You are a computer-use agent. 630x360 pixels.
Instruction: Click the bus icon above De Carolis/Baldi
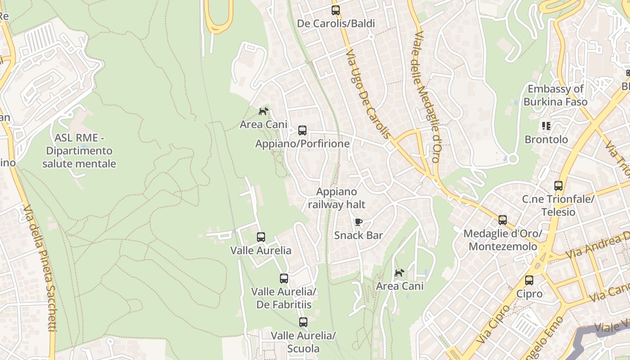coord(336,10)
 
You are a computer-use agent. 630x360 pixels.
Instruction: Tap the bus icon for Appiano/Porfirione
coord(302,131)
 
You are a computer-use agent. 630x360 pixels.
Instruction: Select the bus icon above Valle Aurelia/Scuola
coord(303,322)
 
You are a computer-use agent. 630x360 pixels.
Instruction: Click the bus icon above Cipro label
coord(529,280)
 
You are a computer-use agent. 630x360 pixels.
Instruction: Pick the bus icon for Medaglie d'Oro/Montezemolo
coord(503,220)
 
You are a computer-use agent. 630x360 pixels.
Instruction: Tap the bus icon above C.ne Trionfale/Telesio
coord(558,185)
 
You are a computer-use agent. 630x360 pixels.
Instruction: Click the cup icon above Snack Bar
coord(359,222)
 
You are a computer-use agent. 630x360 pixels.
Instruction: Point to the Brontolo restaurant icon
coord(546,126)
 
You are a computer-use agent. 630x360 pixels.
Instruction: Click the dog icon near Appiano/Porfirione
coord(264,111)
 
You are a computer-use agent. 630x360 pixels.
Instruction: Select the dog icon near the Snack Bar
coord(400,273)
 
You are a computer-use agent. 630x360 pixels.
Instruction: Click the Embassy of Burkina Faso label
coord(555,95)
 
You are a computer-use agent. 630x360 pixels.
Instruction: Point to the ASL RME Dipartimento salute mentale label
coord(79,151)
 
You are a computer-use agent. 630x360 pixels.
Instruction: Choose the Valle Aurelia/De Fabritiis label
coord(284,298)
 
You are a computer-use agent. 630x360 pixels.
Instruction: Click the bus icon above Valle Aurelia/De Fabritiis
coord(284,279)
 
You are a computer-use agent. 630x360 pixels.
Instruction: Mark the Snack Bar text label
coord(359,235)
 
